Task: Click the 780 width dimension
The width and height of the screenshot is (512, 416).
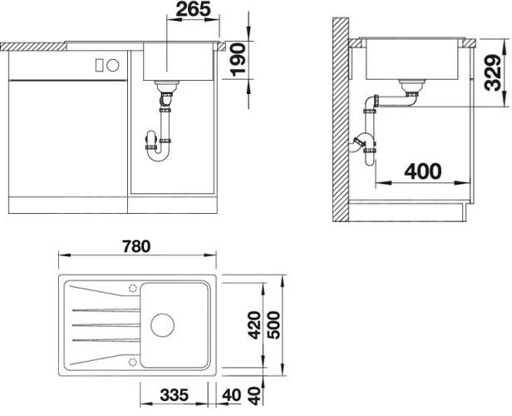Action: (136, 246)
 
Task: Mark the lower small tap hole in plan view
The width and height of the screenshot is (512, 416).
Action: (132, 361)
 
